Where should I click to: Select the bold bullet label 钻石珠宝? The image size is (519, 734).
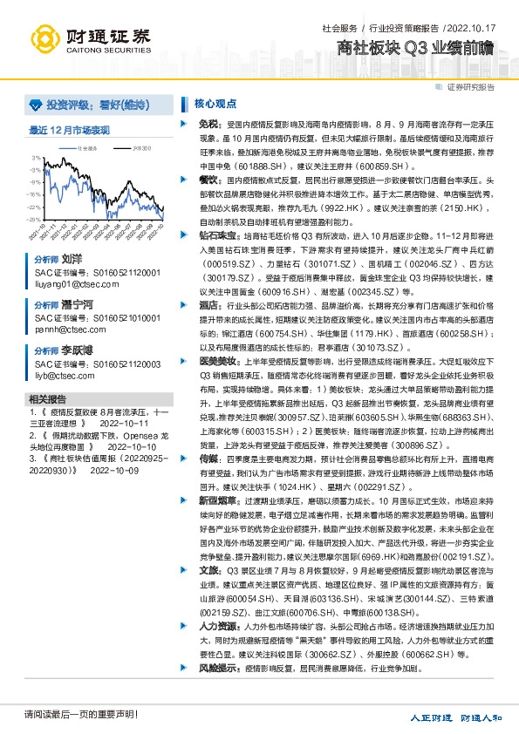215,234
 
